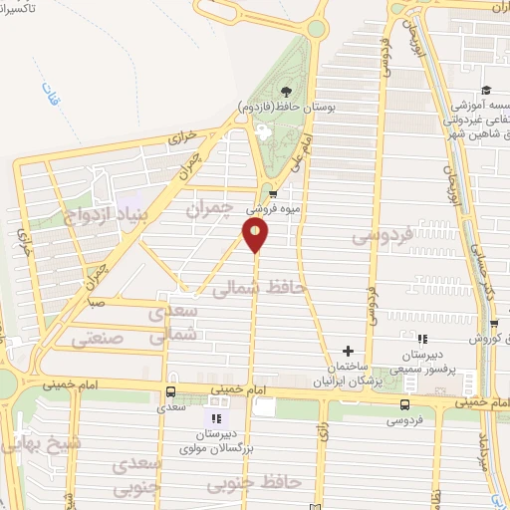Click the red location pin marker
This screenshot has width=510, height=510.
point(256,235)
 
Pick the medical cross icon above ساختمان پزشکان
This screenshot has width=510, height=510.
point(348,351)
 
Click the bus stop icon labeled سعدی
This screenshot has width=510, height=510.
point(171,391)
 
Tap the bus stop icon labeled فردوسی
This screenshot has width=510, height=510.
point(404,404)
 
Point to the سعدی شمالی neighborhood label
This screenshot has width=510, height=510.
point(174,325)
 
